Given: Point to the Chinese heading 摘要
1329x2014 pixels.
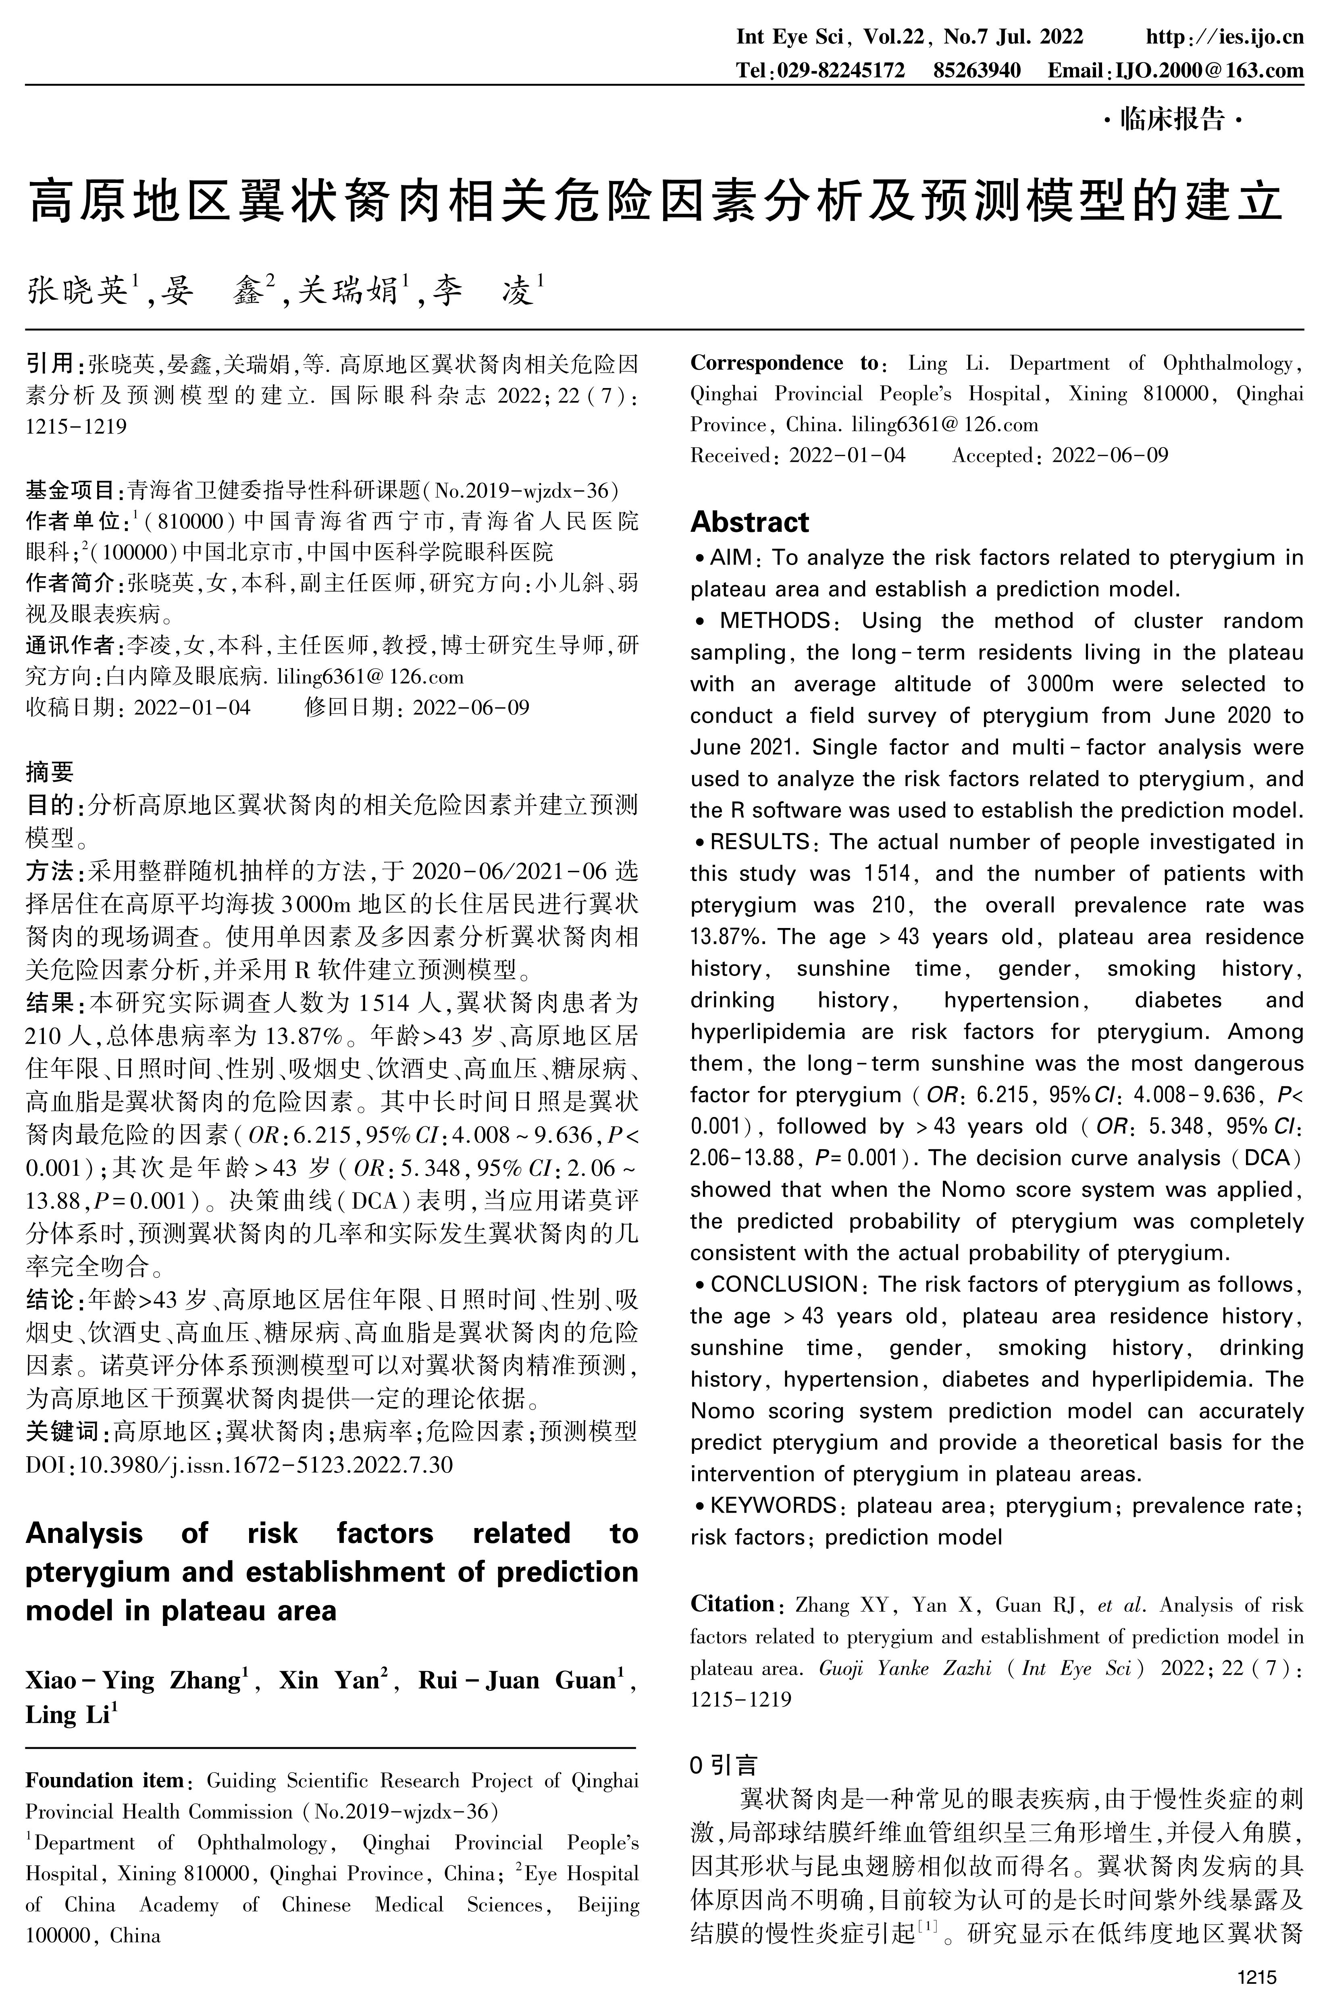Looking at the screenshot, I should [50, 771].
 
